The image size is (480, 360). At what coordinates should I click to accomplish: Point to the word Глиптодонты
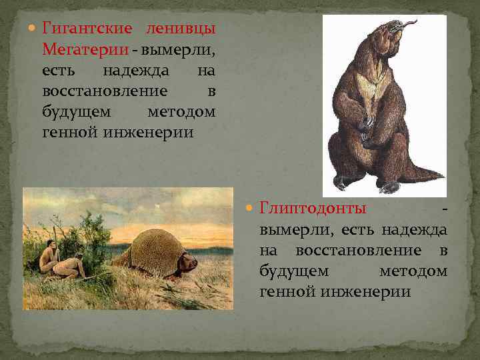[313, 208]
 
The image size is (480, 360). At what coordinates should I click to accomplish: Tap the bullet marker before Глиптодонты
[251, 208]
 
